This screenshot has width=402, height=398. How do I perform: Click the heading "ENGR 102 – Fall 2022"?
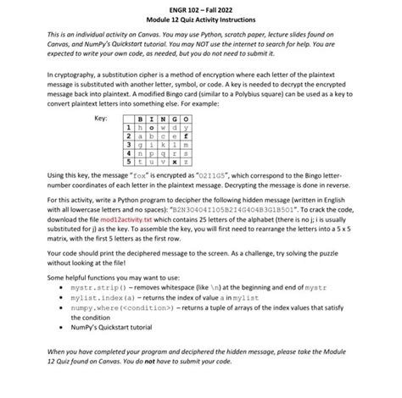(201, 7)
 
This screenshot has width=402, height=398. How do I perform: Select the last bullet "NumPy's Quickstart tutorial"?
(110, 346)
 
